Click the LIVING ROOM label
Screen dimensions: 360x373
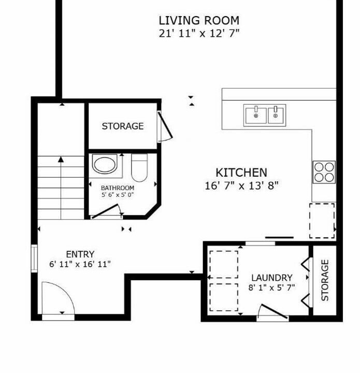click(x=199, y=20)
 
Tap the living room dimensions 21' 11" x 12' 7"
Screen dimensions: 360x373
click(x=199, y=33)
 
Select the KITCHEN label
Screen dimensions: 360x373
click(x=241, y=173)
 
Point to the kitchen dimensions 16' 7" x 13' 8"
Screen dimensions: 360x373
click(x=241, y=185)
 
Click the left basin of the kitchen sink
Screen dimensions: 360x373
click(x=256, y=116)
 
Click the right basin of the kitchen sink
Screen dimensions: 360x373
click(x=276, y=116)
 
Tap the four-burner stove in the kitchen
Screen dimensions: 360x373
click(x=324, y=172)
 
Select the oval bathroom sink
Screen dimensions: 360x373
click(x=105, y=164)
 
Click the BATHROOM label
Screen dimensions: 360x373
click(x=118, y=188)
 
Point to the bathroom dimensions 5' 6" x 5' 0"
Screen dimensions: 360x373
click(x=118, y=195)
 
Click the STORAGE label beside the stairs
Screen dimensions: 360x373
click(x=123, y=126)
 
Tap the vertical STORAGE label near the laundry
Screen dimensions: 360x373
click(x=325, y=280)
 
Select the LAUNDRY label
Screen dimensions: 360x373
click(x=272, y=278)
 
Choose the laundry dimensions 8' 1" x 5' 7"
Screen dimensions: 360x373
click(x=271, y=288)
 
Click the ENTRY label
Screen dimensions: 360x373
click(x=80, y=254)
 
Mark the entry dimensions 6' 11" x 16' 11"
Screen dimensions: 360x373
click(x=80, y=264)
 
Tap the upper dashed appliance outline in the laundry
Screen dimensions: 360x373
click(x=224, y=264)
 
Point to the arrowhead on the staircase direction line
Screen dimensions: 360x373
click(x=61, y=160)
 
